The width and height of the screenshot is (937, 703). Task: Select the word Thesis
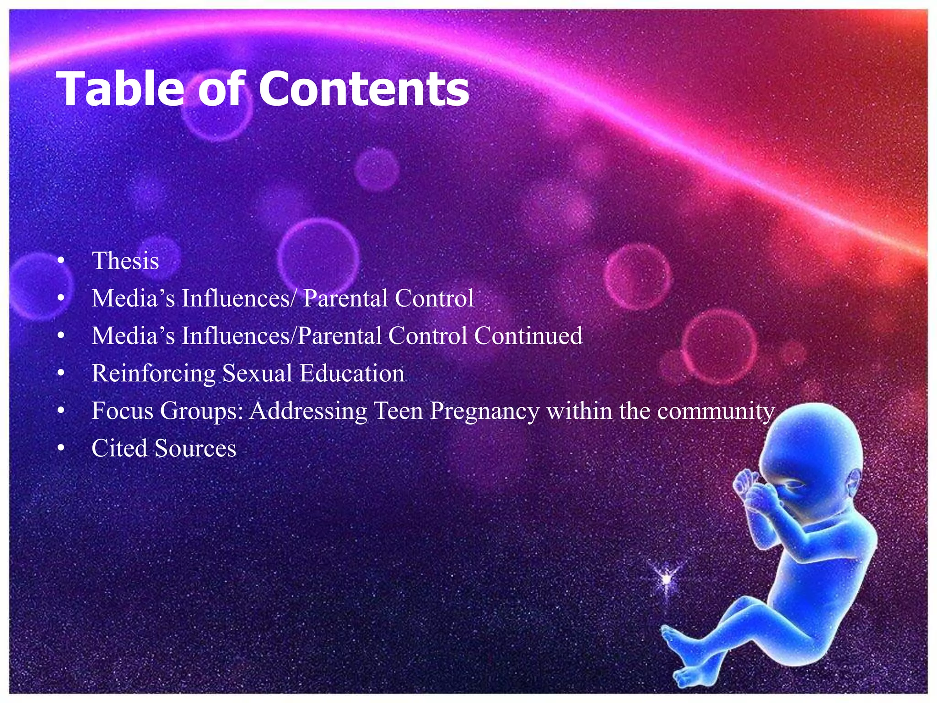click(125, 261)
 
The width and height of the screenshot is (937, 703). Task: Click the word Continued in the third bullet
click(528, 335)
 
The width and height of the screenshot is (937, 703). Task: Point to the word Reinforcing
click(153, 373)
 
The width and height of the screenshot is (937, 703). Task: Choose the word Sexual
click(257, 373)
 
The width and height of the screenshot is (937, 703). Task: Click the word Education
click(352, 373)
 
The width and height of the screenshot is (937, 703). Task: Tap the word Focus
click(122, 411)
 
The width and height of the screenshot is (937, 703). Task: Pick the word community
click(716, 411)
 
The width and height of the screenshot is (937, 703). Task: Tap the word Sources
click(195, 448)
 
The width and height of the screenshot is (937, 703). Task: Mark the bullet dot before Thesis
click(61, 261)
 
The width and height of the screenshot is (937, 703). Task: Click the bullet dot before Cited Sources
click(61, 449)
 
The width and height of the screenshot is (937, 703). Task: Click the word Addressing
click(308, 411)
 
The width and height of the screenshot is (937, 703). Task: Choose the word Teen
click(398, 411)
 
